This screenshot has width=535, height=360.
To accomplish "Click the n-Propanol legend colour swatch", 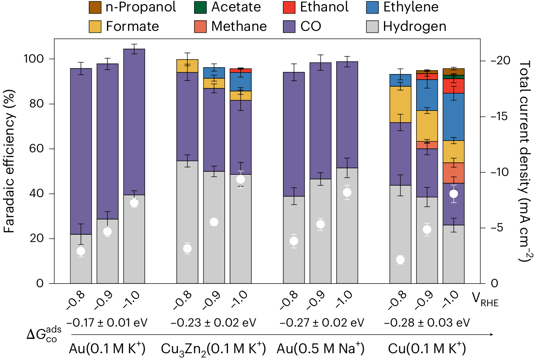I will (x=93, y=7).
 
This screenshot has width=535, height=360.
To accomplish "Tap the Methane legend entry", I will (x=239, y=26).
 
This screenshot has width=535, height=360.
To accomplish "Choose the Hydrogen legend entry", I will (x=414, y=26).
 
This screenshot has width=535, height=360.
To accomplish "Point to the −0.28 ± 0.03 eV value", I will (x=427, y=323).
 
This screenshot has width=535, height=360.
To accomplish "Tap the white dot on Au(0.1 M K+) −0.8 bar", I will (x=81, y=251).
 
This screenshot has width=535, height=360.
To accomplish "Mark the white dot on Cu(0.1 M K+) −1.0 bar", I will (x=453, y=194).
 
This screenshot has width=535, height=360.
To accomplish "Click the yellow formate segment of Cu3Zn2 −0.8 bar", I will (x=187, y=66).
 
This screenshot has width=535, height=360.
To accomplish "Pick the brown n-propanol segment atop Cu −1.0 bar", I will (x=453, y=71).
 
